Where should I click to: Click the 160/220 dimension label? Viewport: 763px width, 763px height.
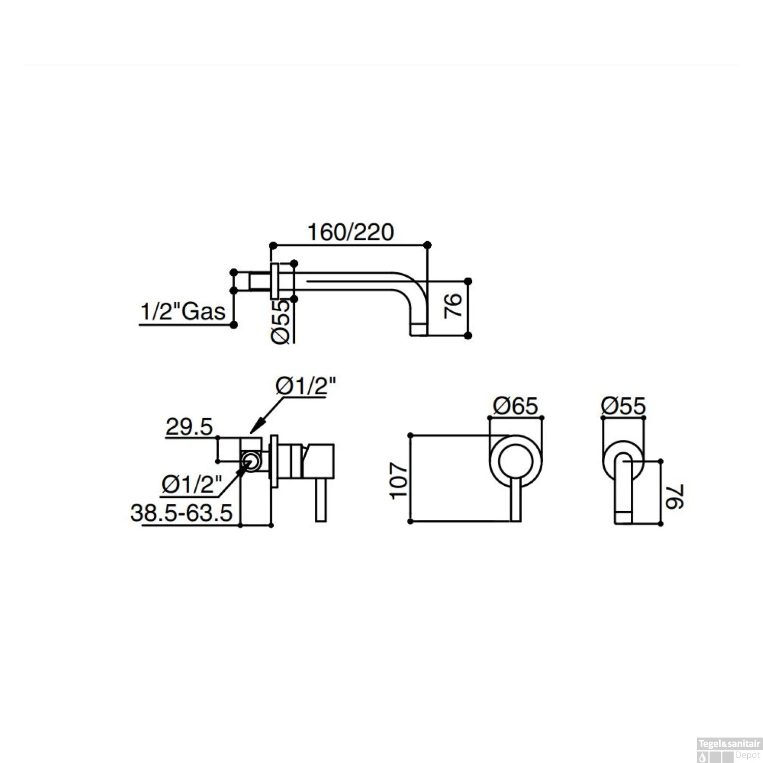coord(350,232)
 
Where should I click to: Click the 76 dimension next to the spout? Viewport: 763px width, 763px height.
coord(453,305)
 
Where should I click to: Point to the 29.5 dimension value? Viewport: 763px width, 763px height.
coord(188,427)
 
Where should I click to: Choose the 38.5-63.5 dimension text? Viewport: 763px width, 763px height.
coord(182,513)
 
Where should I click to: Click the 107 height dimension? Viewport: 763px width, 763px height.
coord(400,480)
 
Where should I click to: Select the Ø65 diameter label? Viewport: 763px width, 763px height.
coord(515,406)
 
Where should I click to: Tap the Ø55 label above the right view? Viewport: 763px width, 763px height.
coord(623,406)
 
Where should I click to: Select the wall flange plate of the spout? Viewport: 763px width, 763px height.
coord(276,281)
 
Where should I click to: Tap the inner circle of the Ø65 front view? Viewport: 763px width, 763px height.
coord(515,463)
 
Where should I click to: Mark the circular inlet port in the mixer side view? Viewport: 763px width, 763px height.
coord(250,461)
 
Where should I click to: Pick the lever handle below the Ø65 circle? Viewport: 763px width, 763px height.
coord(515,501)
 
